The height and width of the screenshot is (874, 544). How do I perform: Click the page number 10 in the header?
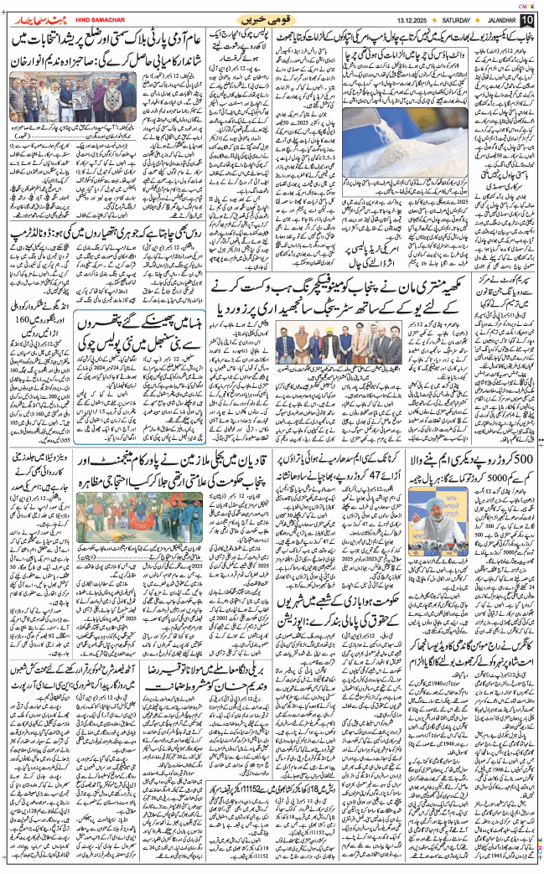526,19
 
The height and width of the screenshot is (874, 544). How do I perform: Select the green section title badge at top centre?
272,19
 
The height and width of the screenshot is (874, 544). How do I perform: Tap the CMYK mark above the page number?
527,5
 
